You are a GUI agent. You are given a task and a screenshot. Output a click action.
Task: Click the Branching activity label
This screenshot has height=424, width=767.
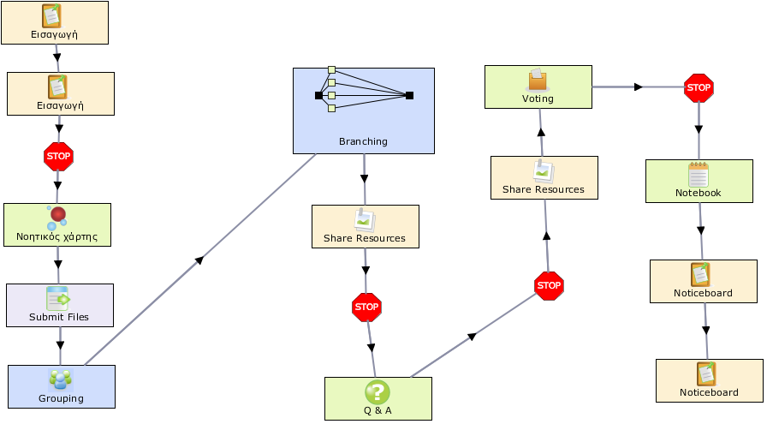[363, 141]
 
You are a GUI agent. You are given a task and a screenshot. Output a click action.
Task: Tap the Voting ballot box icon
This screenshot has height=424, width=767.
[538, 80]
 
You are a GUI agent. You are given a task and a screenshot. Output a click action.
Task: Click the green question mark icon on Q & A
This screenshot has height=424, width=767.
[378, 391]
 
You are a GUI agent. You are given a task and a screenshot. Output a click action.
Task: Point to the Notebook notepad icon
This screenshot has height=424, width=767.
[698, 174]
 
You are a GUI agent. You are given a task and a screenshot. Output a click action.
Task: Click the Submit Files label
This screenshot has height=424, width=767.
[59, 317]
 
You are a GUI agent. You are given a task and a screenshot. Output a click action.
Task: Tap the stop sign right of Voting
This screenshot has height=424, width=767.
[699, 88]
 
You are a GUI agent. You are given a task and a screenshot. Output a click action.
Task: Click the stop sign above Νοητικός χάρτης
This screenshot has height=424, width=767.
[58, 157]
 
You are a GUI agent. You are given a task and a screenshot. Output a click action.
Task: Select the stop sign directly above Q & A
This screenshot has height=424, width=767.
[366, 308]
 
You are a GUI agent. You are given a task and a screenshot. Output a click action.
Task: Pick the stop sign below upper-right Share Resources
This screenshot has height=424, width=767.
[549, 286]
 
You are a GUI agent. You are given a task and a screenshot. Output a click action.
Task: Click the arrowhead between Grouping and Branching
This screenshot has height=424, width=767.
[199, 260]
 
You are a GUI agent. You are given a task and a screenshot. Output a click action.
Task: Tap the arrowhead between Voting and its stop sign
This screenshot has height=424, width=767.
[639, 87]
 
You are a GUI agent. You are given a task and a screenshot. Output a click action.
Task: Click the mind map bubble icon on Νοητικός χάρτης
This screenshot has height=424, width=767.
[57, 218]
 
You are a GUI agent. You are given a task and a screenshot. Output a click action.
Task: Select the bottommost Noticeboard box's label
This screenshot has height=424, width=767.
[709, 392]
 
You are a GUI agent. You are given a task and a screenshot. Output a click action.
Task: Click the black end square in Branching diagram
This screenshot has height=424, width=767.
[410, 95]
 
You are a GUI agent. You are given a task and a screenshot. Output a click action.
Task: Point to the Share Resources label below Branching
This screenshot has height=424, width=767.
[365, 238]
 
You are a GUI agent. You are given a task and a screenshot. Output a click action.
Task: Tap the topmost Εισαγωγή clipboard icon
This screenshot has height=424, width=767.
[52, 15]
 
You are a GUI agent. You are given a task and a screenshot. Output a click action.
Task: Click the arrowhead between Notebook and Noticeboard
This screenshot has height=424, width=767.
[701, 230]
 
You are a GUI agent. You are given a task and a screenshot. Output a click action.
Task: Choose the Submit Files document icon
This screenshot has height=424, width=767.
[57, 298]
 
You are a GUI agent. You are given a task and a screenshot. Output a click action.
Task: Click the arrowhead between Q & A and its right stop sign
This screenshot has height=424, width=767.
[472, 337]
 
